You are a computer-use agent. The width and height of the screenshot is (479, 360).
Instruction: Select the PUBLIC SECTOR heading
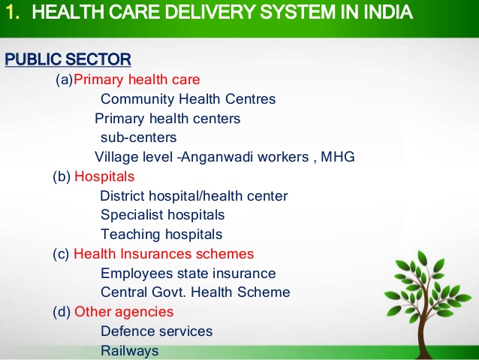pyautogui.click(x=68, y=59)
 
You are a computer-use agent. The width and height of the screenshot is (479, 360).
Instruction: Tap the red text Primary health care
pyautogui.click(x=137, y=80)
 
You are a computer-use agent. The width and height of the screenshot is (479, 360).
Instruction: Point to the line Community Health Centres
pyautogui.click(x=188, y=99)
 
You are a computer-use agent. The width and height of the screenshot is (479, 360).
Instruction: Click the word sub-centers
pyautogui.click(x=138, y=138)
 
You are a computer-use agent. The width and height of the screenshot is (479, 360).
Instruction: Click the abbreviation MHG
pyautogui.click(x=338, y=156)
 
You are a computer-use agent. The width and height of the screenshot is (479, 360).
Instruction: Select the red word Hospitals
pyautogui.click(x=104, y=177)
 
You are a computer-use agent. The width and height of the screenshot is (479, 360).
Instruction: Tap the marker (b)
pyautogui.click(x=62, y=177)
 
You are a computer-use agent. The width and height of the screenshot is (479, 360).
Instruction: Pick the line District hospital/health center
pyautogui.click(x=194, y=196)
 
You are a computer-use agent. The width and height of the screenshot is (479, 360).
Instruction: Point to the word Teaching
pyautogui.click(x=131, y=235)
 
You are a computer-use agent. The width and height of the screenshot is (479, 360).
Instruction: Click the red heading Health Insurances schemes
pyautogui.click(x=164, y=254)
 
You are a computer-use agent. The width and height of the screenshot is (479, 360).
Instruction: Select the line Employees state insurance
pyautogui.click(x=188, y=274)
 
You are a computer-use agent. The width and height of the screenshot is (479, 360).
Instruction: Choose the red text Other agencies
pyautogui.click(x=124, y=312)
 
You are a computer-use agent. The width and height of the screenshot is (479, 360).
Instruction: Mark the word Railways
pyautogui.click(x=130, y=351)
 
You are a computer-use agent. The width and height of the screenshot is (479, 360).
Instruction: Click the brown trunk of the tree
pyautogui.click(x=425, y=337)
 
